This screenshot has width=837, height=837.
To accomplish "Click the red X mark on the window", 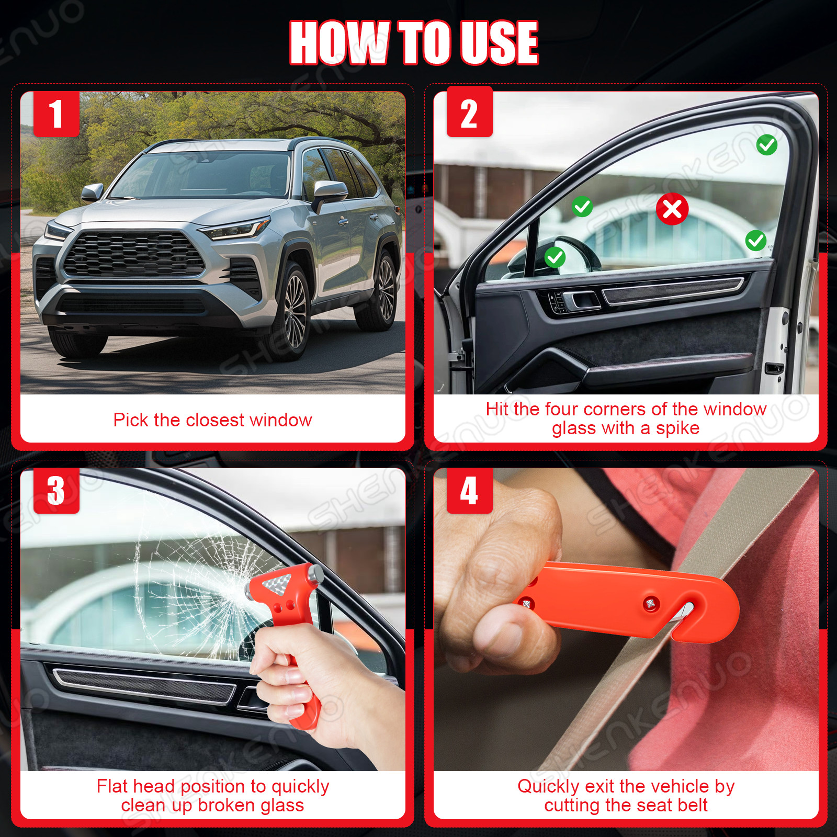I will pyautogui.click(x=672, y=209).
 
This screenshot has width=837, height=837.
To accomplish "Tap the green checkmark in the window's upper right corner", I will pyautogui.click(x=767, y=144).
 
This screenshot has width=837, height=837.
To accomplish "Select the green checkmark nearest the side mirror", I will pyautogui.click(x=555, y=257).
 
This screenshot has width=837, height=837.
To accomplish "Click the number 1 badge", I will pyautogui.click(x=56, y=114).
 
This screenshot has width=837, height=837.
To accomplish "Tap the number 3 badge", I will pyautogui.click(x=56, y=490).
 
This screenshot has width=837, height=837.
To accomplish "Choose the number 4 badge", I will pyautogui.click(x=469, y=490).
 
